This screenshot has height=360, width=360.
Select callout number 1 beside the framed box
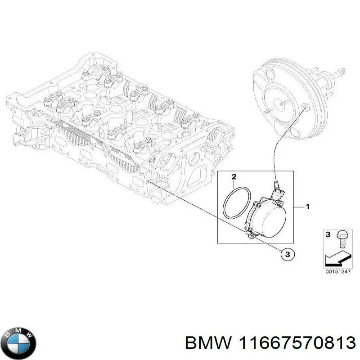click(308, 207)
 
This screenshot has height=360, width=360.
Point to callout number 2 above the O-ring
click(234, 176)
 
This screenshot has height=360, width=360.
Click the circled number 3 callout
click(287, 254)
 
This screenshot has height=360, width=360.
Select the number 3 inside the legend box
click(328, 234)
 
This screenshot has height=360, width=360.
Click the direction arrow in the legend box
click(337, 259)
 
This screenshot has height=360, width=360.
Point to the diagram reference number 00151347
click(338, 272)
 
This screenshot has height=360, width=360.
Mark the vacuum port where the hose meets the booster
click(306, 106)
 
